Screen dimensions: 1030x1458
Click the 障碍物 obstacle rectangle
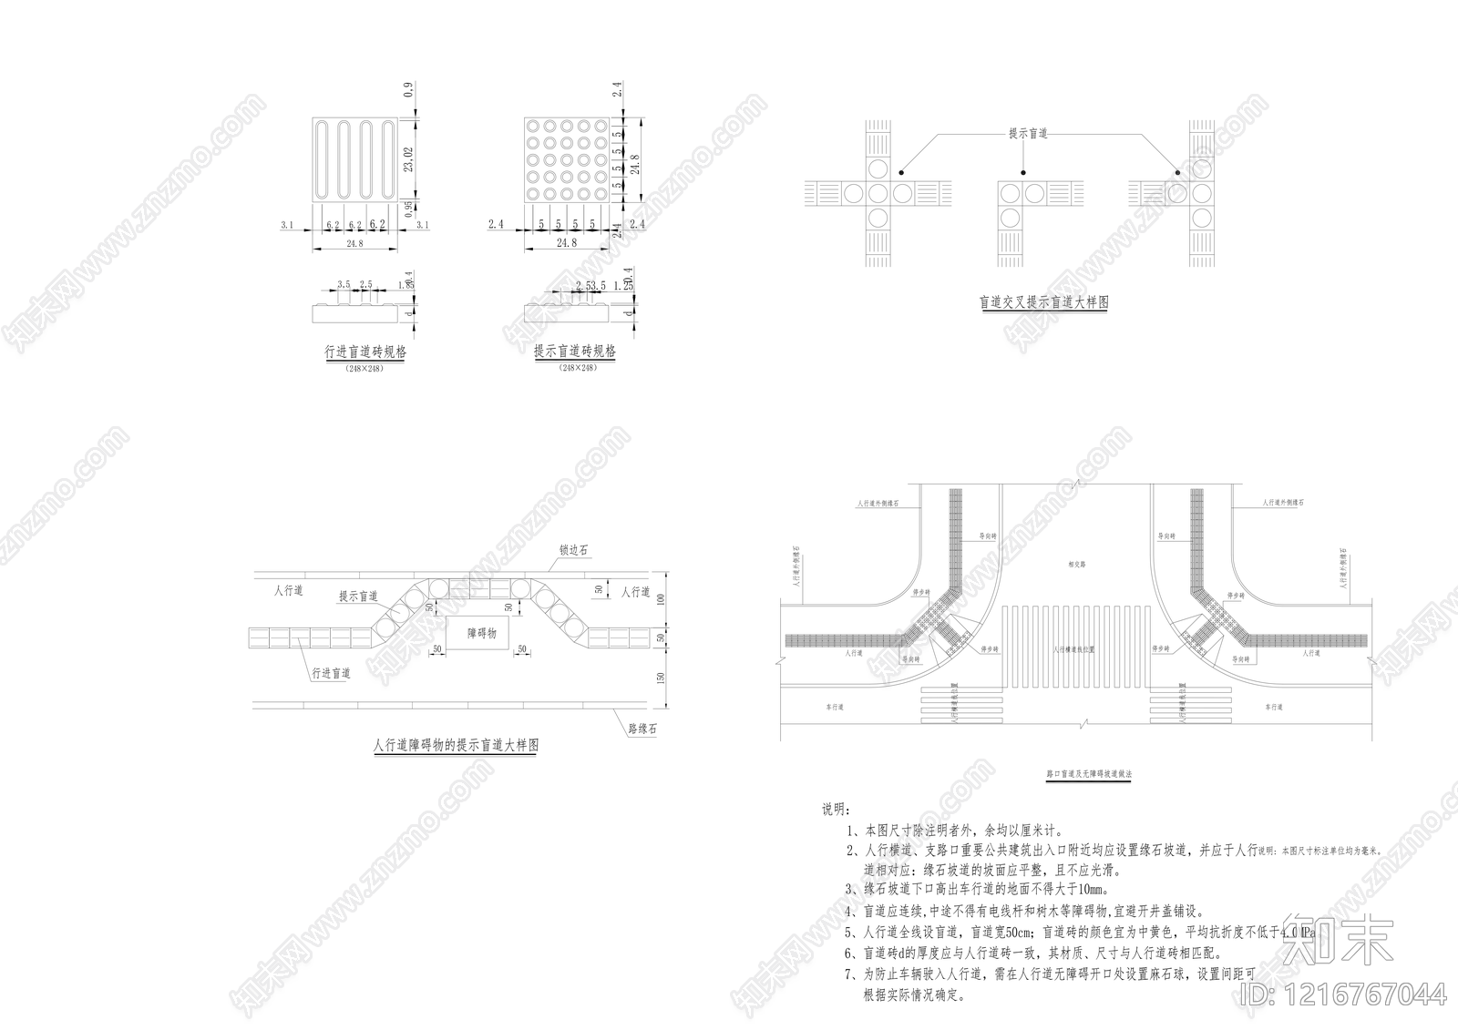coord(481,633)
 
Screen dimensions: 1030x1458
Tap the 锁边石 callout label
coord(574,551)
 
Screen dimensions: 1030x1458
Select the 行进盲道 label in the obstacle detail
coord(331,674)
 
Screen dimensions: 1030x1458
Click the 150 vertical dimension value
coord(662,678)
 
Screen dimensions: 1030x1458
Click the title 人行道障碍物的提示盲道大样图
coord(456,745)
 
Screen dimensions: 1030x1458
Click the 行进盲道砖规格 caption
coord(364,352)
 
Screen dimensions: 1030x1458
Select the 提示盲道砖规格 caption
coord(574,352)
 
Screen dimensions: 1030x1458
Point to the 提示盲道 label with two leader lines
coord(1027,133)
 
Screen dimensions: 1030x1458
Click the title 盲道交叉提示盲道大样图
coord(1043,302)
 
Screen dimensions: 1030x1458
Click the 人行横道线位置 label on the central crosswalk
coord(1073,650)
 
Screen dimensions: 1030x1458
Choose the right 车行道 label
coord(1273,706)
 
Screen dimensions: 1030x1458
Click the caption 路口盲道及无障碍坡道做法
coord(1088,773)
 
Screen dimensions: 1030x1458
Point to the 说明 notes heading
coord(836,809)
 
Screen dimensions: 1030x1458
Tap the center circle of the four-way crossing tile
coord(878,193)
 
